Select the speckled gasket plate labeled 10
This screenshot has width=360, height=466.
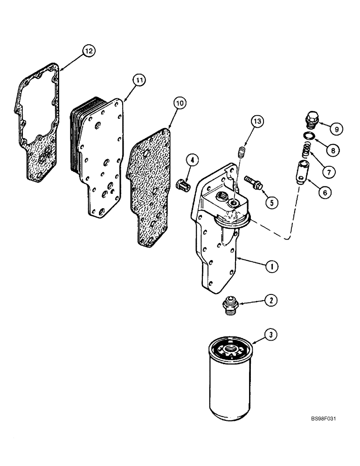tap(151, 186)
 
